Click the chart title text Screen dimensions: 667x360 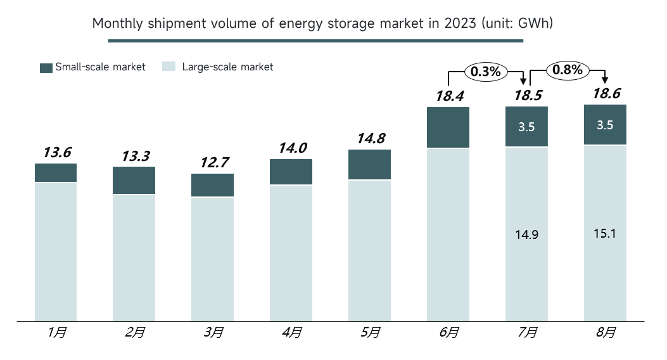coord(322,23)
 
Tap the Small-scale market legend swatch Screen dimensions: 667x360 coord(46,68)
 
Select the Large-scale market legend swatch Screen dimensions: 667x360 coord(169,67)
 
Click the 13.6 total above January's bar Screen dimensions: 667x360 coord(57,152)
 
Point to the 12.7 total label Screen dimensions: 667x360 coord(214,162)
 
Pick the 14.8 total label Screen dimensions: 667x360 coord(371,138)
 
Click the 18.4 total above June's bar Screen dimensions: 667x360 coord(450,96)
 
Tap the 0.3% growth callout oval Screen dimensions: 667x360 coord(486,72)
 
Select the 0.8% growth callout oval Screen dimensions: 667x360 coord(568,70)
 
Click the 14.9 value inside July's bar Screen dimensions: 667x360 coord(526,235)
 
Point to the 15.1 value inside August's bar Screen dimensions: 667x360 coord(605,233)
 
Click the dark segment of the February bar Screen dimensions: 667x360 coord(134,181)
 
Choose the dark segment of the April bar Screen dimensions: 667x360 coord(291,172)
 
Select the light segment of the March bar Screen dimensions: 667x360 coord(212,259)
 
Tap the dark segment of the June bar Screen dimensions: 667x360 coord(448,127)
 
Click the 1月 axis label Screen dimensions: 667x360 coord(57,332)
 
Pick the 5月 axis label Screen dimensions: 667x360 coord(371,332)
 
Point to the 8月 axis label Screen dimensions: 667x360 coord(606,332)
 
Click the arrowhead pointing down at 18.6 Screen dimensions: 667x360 coord(605,80)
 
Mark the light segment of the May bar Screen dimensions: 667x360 coord(369,250)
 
